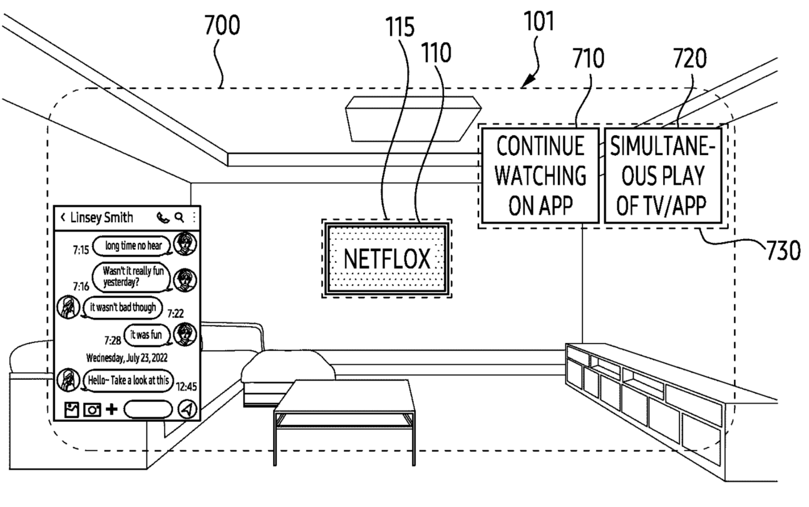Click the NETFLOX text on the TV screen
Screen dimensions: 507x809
click(x=386, y=259)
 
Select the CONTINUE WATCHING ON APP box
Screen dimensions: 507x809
click(x=541, y=177)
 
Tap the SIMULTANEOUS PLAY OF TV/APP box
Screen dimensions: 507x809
click(x=662, y=177)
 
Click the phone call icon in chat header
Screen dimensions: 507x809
click(x=163, y=218)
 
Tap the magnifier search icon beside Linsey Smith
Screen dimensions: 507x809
click(x=179, y=218)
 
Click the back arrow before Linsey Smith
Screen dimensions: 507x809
click(x=63, y=218)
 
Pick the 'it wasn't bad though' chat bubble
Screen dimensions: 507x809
click(x=122, y=307)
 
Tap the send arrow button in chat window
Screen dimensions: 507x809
click(x=187, y=409)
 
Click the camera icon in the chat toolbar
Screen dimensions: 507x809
click(x=93, y=409)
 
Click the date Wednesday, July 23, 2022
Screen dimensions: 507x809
click(x=126, y=359)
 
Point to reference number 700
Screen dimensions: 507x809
click(x=222, y=26)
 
